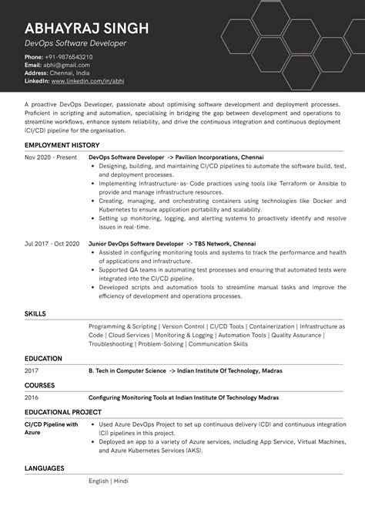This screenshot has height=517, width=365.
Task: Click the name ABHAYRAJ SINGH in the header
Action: coord(86,29)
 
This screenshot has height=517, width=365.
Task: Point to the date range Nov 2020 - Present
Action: coord(51,157)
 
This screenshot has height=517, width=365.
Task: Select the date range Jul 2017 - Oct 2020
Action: coord(52,243)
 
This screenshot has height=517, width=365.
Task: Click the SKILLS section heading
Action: coord(35,314)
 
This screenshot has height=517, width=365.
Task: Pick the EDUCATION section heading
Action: coord(43,359)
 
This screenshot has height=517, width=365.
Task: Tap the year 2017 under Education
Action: coord(32,371)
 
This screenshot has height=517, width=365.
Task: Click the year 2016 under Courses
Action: coord(32,397)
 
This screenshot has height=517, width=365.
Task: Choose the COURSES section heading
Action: coord(39,385)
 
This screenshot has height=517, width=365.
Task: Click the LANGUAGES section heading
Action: coord(44,468)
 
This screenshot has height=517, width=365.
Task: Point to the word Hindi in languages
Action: coord(121,482)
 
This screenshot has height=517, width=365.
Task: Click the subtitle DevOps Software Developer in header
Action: coord(75,44)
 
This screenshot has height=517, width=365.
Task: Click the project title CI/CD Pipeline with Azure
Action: coord(51,429)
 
